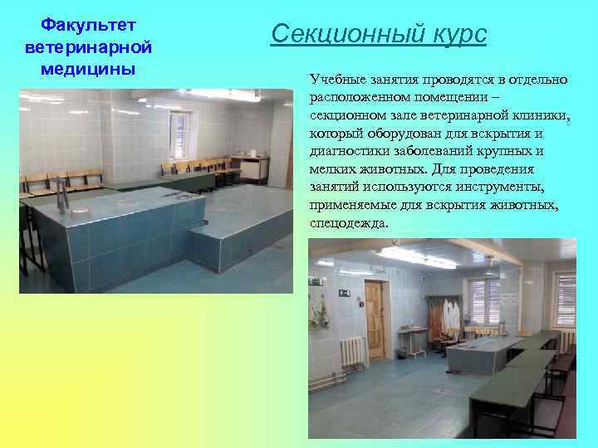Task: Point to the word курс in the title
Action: click(x=458, y=35)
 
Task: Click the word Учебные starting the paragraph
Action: click(x=335, y=80)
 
